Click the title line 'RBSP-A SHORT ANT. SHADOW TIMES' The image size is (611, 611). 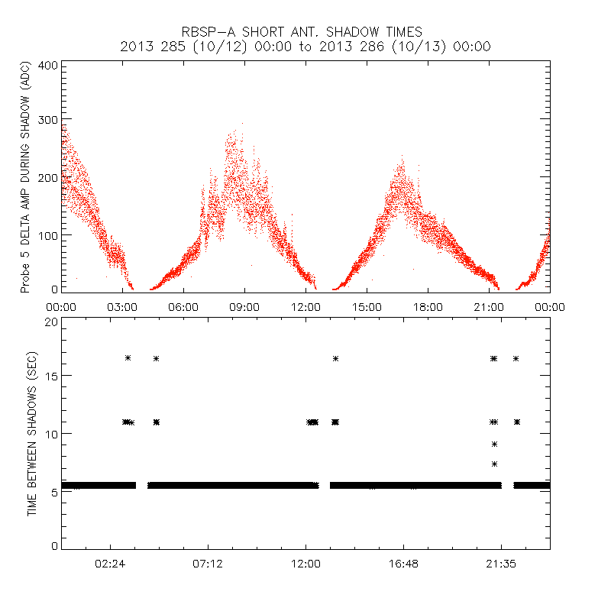(305, 31)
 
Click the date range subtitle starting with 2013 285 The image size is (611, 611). (305, 47)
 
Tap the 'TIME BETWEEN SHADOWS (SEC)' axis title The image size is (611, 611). (32, 433)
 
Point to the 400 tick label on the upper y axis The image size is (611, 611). (49, 65)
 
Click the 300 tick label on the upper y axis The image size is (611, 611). (49, 120)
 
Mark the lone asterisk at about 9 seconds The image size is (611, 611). (495, 444)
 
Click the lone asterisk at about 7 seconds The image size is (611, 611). (495, 464)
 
